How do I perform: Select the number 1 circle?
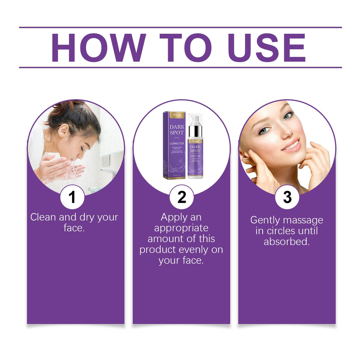tap(72, 197)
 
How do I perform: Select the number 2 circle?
tap(181, 197)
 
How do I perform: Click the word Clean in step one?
tap(43, 217)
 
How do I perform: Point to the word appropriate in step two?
tap(181, 228)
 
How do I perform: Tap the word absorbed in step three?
tap(287, 242)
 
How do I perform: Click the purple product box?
tap(174, 145)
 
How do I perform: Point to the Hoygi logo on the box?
tap(175, 115)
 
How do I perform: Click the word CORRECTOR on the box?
tap(175, 143)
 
